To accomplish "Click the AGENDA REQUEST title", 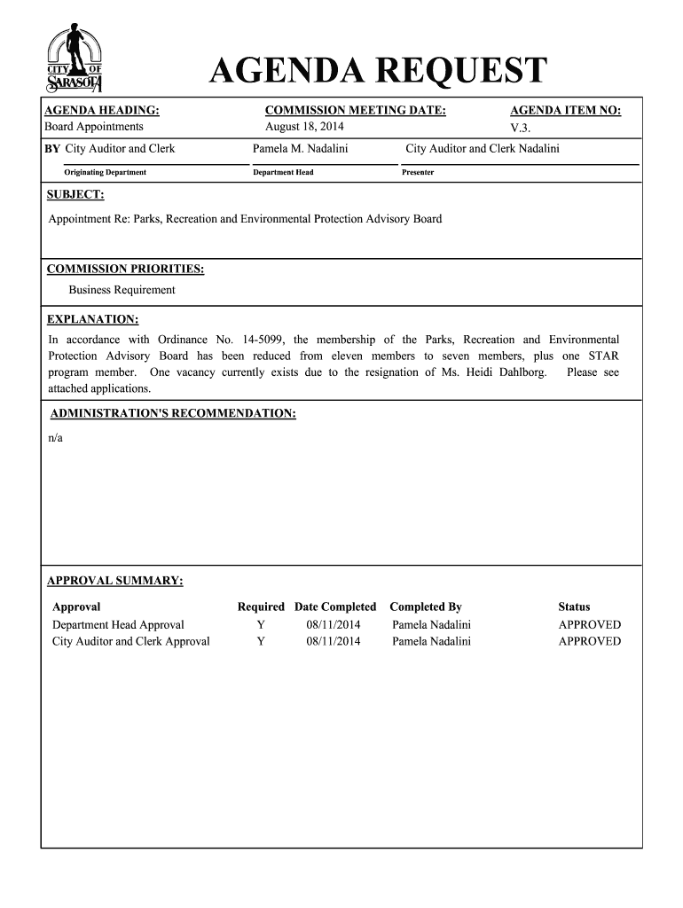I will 379,72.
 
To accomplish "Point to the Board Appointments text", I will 94,127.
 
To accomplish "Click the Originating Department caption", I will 105,172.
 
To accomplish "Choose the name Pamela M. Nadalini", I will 300,149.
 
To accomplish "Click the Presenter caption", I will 418,172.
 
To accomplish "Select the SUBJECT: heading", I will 75,194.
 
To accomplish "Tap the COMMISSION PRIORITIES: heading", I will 125,269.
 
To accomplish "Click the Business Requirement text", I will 122,290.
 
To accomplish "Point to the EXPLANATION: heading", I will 92,319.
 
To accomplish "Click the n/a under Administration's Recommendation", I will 55,437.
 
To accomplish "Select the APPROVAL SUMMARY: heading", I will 115,581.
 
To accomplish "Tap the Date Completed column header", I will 335,607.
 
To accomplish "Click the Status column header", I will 574,607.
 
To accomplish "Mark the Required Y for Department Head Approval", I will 261,625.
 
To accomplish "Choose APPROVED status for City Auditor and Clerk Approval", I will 589,642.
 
